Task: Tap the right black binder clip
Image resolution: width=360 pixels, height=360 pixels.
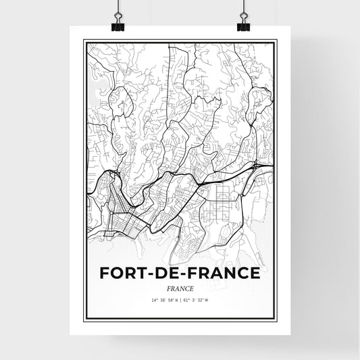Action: click(x=242, y=25)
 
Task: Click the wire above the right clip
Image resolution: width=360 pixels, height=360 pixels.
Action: click(x=242, y=8)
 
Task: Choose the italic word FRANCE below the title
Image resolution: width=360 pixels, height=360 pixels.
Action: click(x=180, y=288)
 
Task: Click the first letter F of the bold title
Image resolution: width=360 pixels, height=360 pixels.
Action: click(x=103, y=273)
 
